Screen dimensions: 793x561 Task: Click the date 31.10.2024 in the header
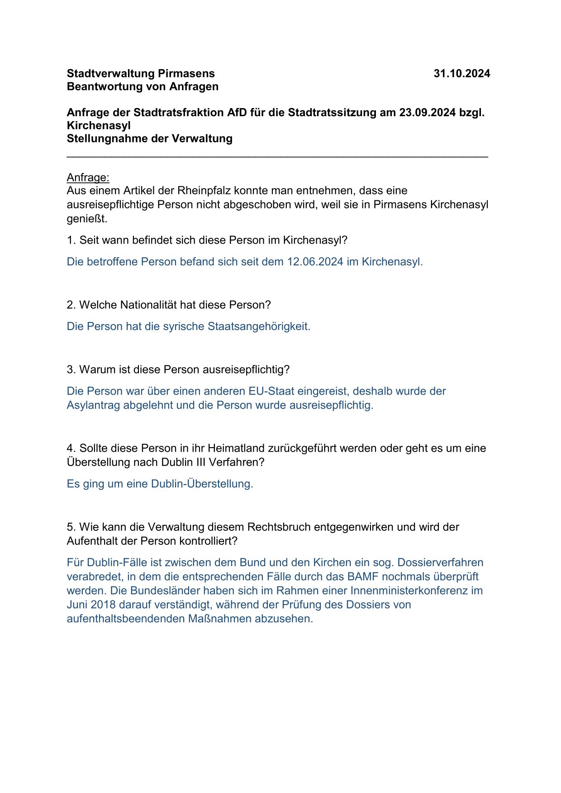point(461,74)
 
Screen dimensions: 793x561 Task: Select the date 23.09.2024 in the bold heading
point(427,113)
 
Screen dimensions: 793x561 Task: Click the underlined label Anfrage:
point(88,177)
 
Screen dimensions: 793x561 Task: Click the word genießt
point(87,219)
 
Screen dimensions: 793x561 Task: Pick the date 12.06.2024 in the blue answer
point(315,262)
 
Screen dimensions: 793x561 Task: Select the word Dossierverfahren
point(440,563)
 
